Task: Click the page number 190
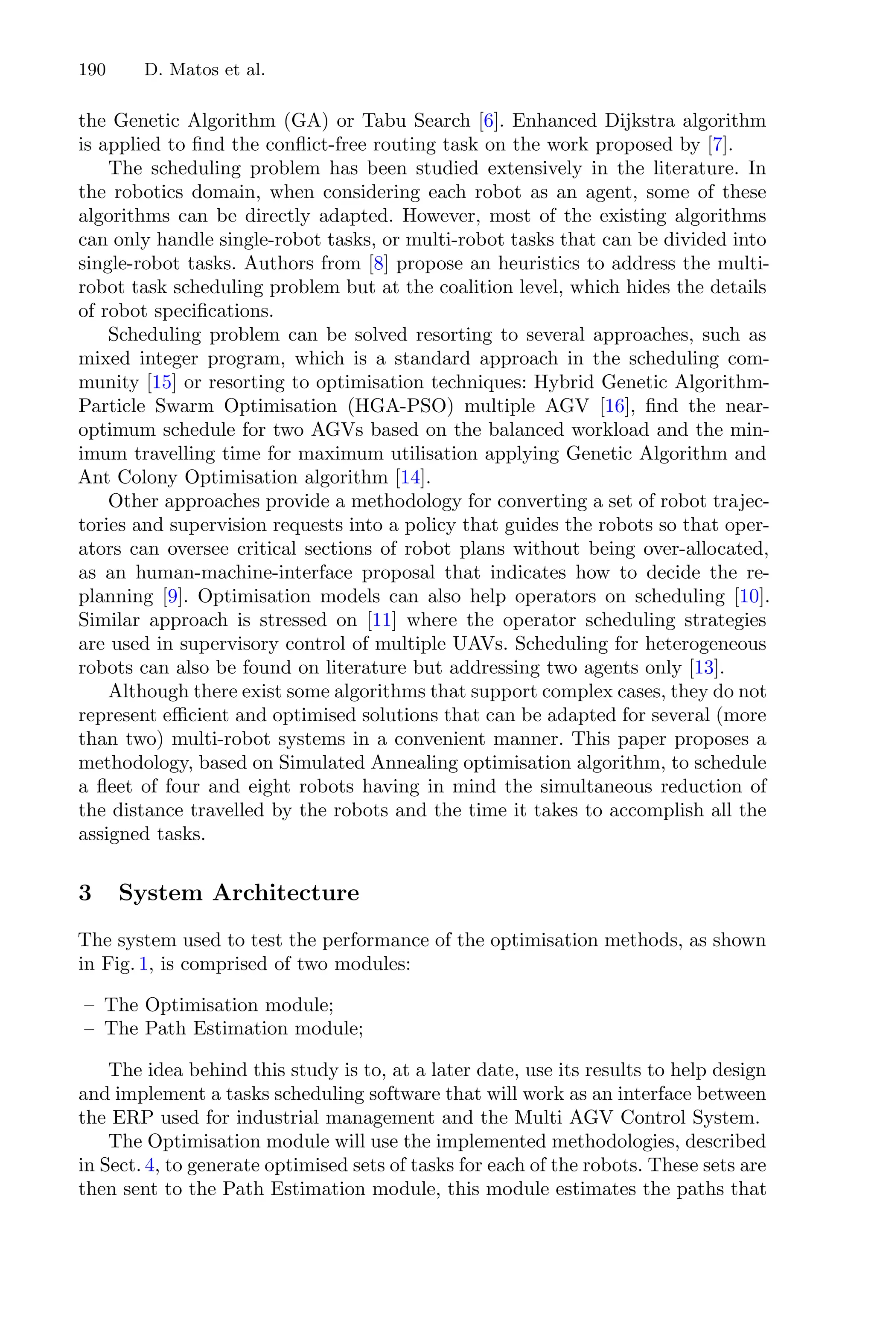92,70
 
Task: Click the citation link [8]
379,264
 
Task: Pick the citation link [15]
161,383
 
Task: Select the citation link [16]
614,406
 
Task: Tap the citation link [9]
173,597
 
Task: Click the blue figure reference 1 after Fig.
143,964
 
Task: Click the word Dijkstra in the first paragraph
637,121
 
